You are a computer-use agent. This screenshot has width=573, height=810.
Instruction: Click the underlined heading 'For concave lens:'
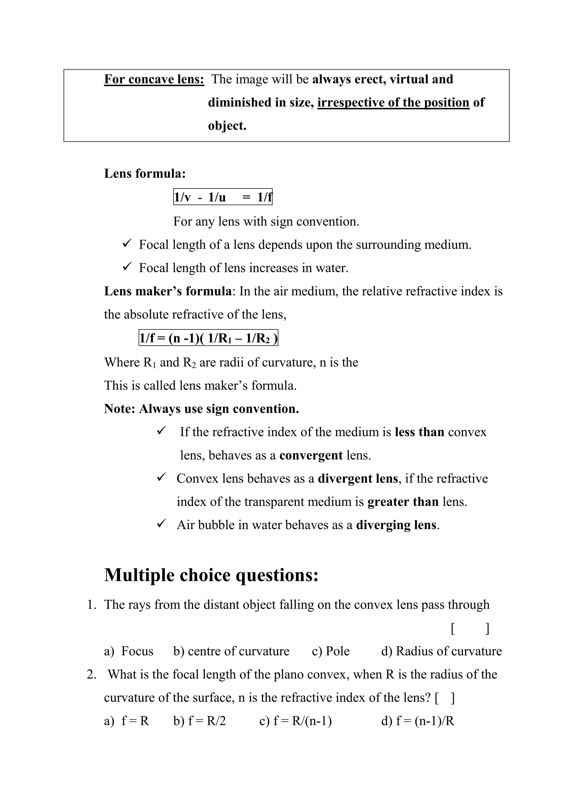[x=154, y=79]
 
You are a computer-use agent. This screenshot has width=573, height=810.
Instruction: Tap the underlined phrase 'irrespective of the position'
[x=393, y=102]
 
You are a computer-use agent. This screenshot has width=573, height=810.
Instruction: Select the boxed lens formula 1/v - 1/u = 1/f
[x=223, y=197]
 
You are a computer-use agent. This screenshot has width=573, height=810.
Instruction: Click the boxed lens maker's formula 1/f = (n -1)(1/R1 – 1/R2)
[x=208, y=338]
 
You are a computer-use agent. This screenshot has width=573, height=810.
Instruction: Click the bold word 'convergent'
[x=311, y=455]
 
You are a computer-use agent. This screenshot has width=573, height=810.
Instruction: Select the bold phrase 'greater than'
[x=403, y=502]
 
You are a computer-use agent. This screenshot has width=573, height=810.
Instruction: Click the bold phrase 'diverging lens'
[x=396, y=525]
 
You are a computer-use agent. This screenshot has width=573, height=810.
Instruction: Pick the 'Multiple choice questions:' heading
[x=211, y=575]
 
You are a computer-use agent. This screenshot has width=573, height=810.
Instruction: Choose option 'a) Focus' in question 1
[x=129, y=651]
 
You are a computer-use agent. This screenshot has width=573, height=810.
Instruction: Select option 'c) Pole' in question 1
[x=331, y=651]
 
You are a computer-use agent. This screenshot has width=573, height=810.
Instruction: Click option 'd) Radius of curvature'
[x=442, y=651]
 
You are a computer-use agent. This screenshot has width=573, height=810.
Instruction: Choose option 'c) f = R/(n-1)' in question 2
[x=295, y=721]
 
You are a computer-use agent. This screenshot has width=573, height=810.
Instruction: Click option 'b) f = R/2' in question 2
[x=199, y=721]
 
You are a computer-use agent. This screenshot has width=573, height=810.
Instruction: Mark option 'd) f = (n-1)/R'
[x=418, y=721]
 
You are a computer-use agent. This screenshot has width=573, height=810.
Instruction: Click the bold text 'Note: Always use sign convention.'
[x=201, y=409]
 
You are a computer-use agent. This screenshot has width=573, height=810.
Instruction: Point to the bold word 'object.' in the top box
[x=227, y=126]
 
